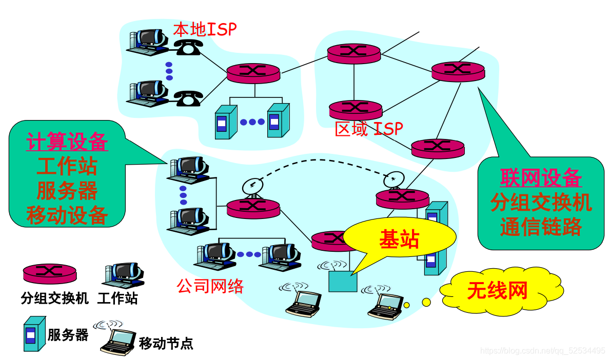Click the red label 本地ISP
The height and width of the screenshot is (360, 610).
pos(205,29)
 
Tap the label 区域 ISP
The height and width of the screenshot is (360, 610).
pos(368,129)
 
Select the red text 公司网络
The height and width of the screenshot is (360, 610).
pos(210,286)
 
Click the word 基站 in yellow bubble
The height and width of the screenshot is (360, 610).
pos(399,239)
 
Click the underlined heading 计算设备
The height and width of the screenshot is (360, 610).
pos(67,142)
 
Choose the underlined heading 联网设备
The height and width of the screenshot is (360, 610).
pos(541,177)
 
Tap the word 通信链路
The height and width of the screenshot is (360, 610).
pos(541,226)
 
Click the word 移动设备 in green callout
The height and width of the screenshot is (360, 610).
pos(67,215)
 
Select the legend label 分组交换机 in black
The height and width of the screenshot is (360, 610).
pos(55,298)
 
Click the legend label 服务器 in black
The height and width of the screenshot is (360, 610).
pos(68,336)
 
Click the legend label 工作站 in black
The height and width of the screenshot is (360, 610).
pos(117,298)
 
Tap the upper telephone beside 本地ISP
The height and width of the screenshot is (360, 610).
pos(187,47)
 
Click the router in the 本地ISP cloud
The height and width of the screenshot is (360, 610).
pos(253,73)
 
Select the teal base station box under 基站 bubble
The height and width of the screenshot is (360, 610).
pos(343,281)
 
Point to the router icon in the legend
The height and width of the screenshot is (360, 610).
pos(49,272)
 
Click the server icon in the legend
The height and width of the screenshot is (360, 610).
pos(31,334)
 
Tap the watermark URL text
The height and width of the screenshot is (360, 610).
pos(542,351)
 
